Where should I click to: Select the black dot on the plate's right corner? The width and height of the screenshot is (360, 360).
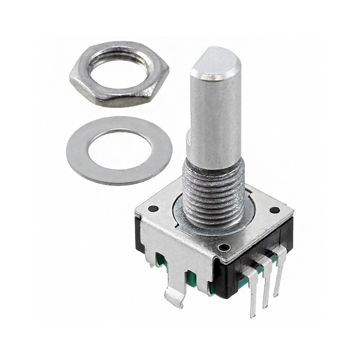[274, 210]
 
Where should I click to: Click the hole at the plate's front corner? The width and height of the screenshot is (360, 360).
[222, 247]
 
